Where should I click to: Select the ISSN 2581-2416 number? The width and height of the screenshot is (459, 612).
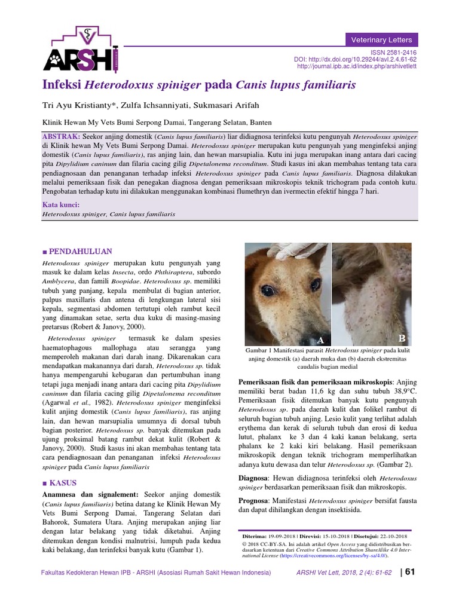pos(394,53)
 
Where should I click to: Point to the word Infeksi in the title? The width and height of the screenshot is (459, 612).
pos(62,85)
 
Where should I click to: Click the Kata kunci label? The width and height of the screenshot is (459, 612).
pos(62,204)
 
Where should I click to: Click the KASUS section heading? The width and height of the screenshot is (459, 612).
pos(63,482)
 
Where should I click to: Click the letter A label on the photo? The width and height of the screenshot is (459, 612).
pos(321,340)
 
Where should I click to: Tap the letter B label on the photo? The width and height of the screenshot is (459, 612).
pos(402,339)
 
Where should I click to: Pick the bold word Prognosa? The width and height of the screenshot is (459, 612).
pos(256,500)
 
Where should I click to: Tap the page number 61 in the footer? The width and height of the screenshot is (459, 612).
pos(410,572)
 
